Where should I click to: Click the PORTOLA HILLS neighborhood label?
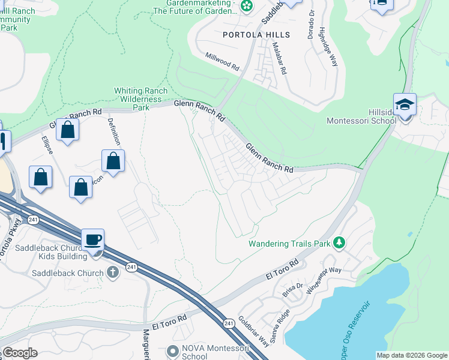(256, 35)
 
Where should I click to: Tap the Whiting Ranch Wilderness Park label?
(140, 99)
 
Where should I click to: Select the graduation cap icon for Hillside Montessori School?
(405, 104)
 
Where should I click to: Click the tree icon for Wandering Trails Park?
(340, 242)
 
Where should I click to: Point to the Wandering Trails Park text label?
(291, 244)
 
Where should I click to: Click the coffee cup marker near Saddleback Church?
(93, 239)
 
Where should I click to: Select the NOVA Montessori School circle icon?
(173, 350)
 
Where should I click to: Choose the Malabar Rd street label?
(279, 58)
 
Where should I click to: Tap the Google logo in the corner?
(20, 353)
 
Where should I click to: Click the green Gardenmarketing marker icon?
(246, 6)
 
